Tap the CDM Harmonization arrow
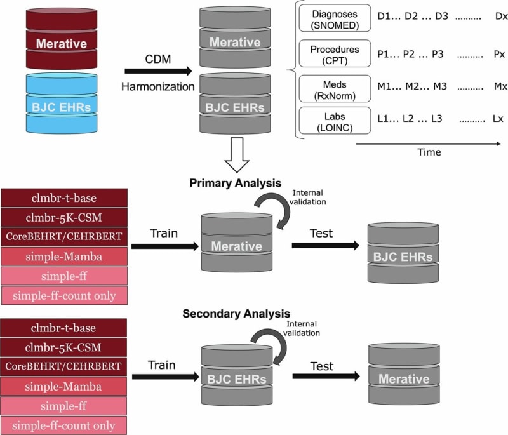pyautogui.click(x=159, y=72)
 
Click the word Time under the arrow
pyautogui.click(x=429, y=152)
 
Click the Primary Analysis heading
pyautogui.click(x=236, y=184)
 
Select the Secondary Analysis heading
pyautogui.click(x=236, y=314)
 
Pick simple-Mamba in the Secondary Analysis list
pyautogui.click(x=64, y=386)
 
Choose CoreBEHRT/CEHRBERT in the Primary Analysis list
pyautogui.click(x=64, y=236)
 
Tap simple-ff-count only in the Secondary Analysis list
pyautogui.click(x=64, y=425)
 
